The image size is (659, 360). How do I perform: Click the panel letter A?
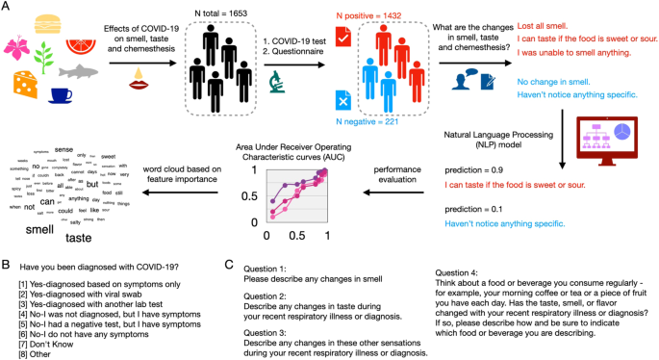(7, 8)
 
